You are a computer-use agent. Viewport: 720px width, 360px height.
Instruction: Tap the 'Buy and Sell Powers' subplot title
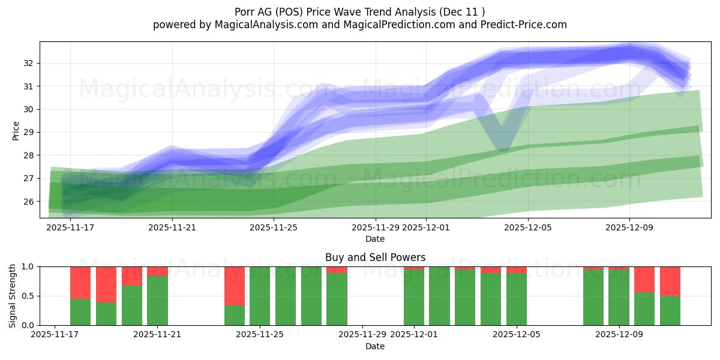[x=375, y=257]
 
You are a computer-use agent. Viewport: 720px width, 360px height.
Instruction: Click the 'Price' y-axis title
[x=16, y=130]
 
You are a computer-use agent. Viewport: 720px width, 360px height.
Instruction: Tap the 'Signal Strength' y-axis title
[x=13, y=295]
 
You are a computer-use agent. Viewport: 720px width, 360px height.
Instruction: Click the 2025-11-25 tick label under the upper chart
[x=274, y=227]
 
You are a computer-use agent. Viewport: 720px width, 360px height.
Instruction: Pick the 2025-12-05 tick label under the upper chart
[x=527, y=227]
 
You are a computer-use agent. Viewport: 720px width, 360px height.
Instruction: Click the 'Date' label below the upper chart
[x=375, y=239]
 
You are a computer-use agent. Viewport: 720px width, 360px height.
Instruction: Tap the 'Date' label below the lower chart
[x=375, y=346]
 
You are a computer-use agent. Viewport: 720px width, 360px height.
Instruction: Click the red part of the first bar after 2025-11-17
[x=80, y=282]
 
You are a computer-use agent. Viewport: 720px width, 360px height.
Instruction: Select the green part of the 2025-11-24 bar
[x=235, y=315]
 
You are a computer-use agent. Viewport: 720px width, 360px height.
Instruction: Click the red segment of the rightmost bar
[x=670, y=281]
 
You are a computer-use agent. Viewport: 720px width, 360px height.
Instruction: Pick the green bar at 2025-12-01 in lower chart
[x=414, y=297]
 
